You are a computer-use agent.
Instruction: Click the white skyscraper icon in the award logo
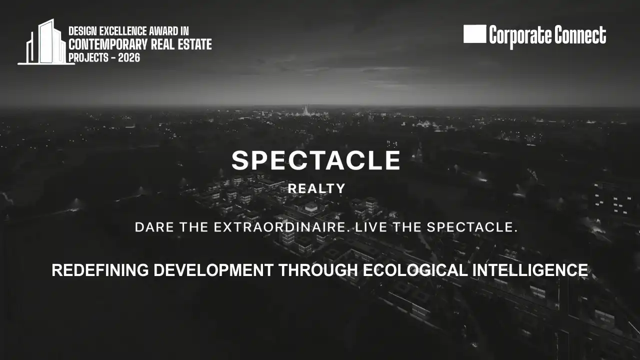point(45,42)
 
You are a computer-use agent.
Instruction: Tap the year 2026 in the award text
point(129,57)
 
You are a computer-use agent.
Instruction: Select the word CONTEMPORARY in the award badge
point(108,44)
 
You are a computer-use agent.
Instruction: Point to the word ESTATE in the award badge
point(195,44)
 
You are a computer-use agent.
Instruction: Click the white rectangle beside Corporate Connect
point(474,34)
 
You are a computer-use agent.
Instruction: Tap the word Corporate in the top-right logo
point(520,35)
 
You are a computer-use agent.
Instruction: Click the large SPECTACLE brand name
point(316,160)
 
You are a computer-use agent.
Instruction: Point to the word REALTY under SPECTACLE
point(316,188)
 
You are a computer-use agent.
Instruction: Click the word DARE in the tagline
point(154,227)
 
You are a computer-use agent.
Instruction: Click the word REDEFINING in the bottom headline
point(100,270)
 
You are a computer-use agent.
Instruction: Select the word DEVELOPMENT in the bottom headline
point(213,270)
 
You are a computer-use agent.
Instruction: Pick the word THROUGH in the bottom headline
point(318,270)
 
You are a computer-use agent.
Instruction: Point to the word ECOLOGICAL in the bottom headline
point(415,270)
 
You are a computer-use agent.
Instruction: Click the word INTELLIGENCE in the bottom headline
point(530,270)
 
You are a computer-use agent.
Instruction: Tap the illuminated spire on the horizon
point(305,110)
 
